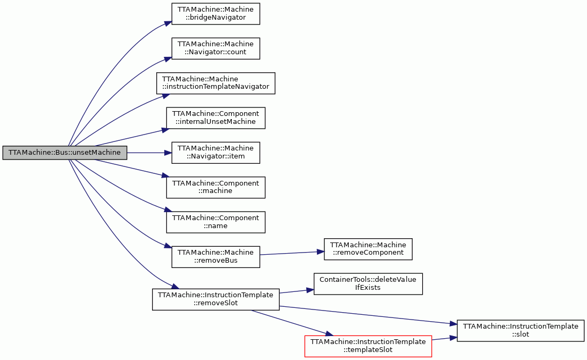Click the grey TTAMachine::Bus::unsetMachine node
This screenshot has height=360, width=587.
[65, 153]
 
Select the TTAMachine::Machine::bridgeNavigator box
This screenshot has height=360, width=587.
[216, 14]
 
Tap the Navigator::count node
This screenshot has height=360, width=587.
[216, 48]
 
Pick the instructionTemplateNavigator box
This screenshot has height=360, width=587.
[216, 83]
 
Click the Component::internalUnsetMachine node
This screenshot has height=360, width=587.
[216, 118]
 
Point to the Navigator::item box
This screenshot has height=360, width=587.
[216, 153]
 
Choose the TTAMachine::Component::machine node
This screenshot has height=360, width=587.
[216, 188]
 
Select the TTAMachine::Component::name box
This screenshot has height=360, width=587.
[216, 222]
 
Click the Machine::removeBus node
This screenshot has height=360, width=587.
[216, 257]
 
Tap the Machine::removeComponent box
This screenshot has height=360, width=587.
[368, 249]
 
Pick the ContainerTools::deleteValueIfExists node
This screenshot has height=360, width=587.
[368, 283]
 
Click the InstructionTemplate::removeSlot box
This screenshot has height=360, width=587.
[216, 299]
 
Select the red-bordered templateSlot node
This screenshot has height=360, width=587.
[368, 346]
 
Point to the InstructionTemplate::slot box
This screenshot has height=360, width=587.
[521, 330]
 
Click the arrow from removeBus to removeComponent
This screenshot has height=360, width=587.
[292, 253]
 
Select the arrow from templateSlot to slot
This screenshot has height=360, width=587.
[445, 338]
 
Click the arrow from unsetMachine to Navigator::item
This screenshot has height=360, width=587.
[149, 153]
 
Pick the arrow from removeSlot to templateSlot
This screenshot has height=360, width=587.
[292, 323]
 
